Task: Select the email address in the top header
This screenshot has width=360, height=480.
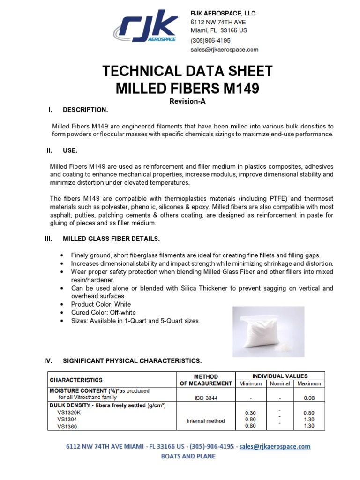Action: coord(224,49)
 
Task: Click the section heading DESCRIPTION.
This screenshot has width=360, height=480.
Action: coord(85,110)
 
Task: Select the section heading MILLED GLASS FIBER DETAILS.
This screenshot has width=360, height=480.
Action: coord(111,239)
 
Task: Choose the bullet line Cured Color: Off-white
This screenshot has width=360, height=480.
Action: coord(100,313)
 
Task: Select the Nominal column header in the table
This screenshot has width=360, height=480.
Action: coord(279,383)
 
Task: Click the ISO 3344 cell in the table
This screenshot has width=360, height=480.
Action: coord(205,398)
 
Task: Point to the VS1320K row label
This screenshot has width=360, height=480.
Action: coord(69,413)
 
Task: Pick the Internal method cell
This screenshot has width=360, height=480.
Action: coord(205,420)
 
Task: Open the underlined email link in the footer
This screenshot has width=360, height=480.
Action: coord(275,447)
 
